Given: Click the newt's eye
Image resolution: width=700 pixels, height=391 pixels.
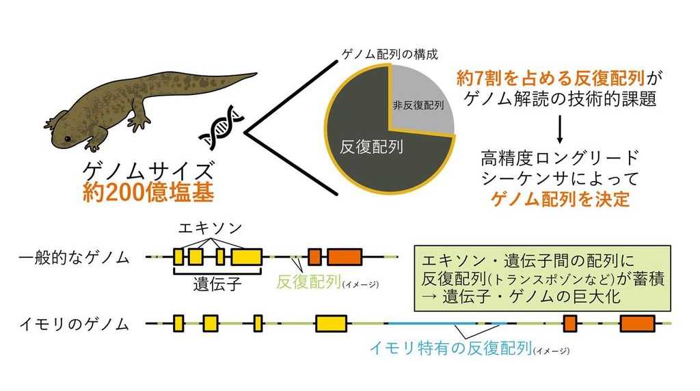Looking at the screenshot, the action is (x=67, y=139).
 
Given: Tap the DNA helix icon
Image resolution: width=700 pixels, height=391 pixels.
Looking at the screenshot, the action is (x=221, y=128).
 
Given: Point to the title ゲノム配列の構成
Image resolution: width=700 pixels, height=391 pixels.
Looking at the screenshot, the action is (x=390, y=55).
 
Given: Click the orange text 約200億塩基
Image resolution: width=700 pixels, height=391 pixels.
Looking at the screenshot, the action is (x=148, y=192).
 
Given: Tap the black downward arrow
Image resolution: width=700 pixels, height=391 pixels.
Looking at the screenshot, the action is (x=560, y=129).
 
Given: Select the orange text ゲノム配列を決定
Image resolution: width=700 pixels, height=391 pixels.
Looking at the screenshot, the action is (x=561, y=199).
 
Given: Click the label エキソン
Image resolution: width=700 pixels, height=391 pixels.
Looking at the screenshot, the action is (x=210, y=228).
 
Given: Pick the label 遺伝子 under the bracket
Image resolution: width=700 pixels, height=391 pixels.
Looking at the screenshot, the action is (x=217, y=284).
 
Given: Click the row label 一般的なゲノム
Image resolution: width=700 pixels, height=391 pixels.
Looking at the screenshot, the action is (x=74, y=258).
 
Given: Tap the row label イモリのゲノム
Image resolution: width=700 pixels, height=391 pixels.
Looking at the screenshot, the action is (x=74, y=324).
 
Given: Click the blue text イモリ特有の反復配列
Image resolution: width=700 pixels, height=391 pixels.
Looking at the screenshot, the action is (x=450, y=348).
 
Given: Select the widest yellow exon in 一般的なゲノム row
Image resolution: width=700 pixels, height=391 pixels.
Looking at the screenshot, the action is (x=246, y=256).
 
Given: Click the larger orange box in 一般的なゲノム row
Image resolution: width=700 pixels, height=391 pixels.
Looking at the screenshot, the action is (x=345, y=256).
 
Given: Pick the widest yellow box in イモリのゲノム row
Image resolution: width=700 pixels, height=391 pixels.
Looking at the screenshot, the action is (x=332, y=323).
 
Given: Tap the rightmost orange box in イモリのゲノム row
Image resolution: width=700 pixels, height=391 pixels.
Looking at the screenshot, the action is (x=638, y=323).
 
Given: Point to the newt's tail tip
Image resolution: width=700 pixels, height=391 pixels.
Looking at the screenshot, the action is (x=256, y=74).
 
